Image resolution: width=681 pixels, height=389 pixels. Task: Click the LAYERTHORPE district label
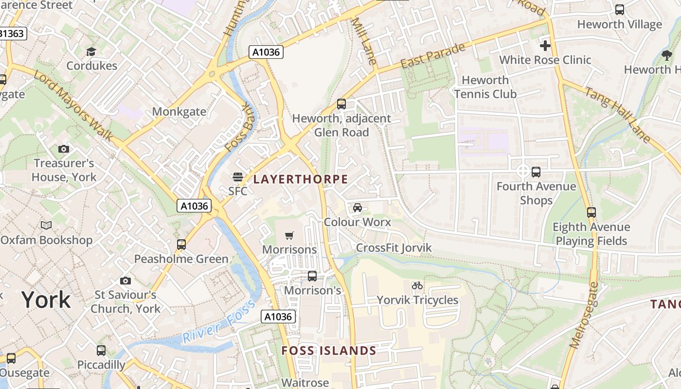pyautogui.click(x=301, y=179)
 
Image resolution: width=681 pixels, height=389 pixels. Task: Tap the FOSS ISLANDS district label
pyautogui.click(x=329, y=351)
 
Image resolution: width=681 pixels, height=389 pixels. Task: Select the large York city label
pyautogui.click(x=46, y=300)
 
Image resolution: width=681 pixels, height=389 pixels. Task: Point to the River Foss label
pyautogui.click(x=218, y=323)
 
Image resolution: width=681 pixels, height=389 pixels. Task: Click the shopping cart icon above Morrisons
pyautogui.click(x=289, y=236)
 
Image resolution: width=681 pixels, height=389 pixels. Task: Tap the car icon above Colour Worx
pyautogui.click(x=358, y=208)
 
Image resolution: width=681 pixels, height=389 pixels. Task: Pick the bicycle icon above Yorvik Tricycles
pyautogui.click(x=417, y=285)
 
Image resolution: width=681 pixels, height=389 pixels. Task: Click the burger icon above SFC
pyautogui.click(x=238, y=177)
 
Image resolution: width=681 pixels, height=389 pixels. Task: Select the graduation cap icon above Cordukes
pyautogui.click(x=91, y=52)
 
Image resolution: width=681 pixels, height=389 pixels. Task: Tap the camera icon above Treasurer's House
pyautogui.click(x=64, y=149)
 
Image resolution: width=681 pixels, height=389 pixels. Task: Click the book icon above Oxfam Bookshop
pyautogui.click(x=46, y=226)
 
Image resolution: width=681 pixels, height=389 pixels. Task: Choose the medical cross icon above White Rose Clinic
pyautogui.click(x=545, y=46)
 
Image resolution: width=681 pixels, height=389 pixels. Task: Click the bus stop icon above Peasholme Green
pyautogui.click(x=181, y=245)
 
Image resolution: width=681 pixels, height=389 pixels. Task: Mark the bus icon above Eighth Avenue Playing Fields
pyautogui.click(x=591, y=212)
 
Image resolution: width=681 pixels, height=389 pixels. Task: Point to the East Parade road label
pyautogui.click(x=433, y=56)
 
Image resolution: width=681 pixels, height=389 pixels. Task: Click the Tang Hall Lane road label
pyautogui.click(x=618, y=115)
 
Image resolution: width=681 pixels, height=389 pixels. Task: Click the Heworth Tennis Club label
pyautogui.click(x=485, y=87)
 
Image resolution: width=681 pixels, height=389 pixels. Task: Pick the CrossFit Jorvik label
pyautogui.click(x=394, y=248)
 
